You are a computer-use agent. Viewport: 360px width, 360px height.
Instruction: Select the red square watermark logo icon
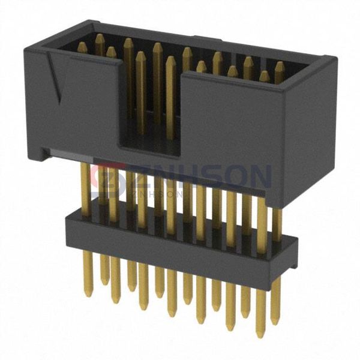pyautogui.click(x=106, y=178)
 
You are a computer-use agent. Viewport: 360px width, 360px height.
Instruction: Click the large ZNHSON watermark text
pyautogui.click(x=186, y=177)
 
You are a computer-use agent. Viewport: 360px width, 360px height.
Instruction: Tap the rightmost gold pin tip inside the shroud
pyautogui.click(x=279, y=65)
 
